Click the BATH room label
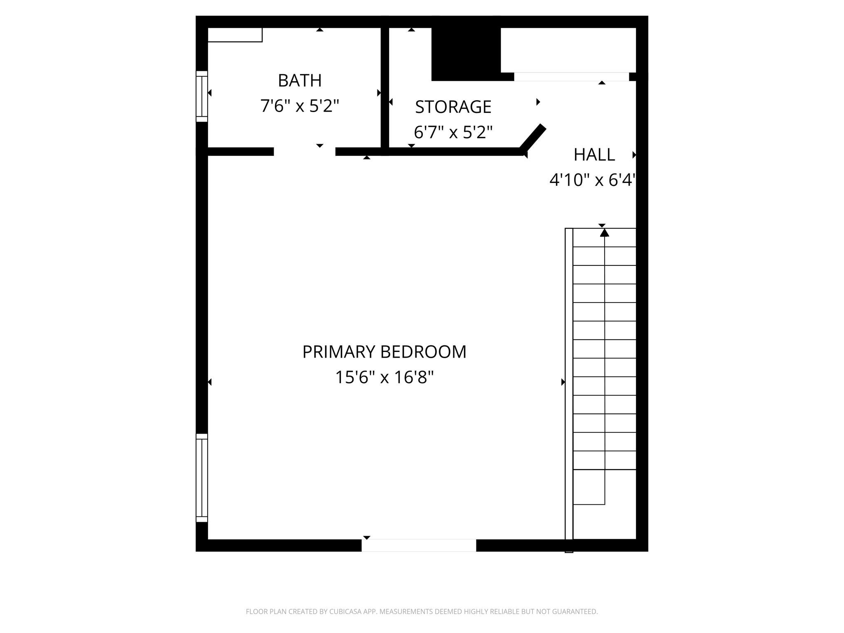click(x=300, y=80)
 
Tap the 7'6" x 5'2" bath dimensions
click(x=300, y=106)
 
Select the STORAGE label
click(x=453, y=107)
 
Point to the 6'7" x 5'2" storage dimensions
click(x=453, y=133)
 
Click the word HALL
click(x=594, y=155)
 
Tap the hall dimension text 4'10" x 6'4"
click(x=592, y=180)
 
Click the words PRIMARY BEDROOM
click(x=384, y=352)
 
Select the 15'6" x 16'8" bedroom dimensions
click(x=384, y=377)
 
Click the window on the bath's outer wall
click(x=202, y=96)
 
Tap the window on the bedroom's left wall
click(x=202, y=478)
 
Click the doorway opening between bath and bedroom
click(x=305, y=152)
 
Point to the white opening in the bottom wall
click(x=419, y=545)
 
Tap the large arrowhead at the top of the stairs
click(x=604, y=233)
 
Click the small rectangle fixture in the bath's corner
click(x=235, y=35)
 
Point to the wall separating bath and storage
click(x=384, y=89)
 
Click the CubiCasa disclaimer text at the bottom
click(x=422, y=612)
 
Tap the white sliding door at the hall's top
click(x=571, y=77)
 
